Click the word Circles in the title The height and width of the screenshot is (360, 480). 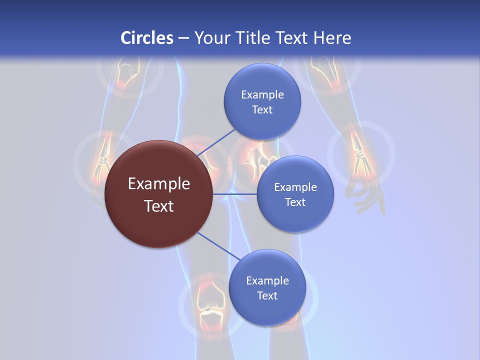[x=147, y=38]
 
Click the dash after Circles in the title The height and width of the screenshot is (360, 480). [x=183, y=38]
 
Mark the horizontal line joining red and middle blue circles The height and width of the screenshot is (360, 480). [x=235, y=194]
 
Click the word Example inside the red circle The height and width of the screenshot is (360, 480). [x=159, y=184]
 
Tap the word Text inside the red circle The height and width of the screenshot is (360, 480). [x=159, y=206]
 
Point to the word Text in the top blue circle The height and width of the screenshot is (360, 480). [x=262, y=109]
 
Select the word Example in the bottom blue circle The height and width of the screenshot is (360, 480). [x=267, y=280]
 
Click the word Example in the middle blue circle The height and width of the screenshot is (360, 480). [x=295, y=187]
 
